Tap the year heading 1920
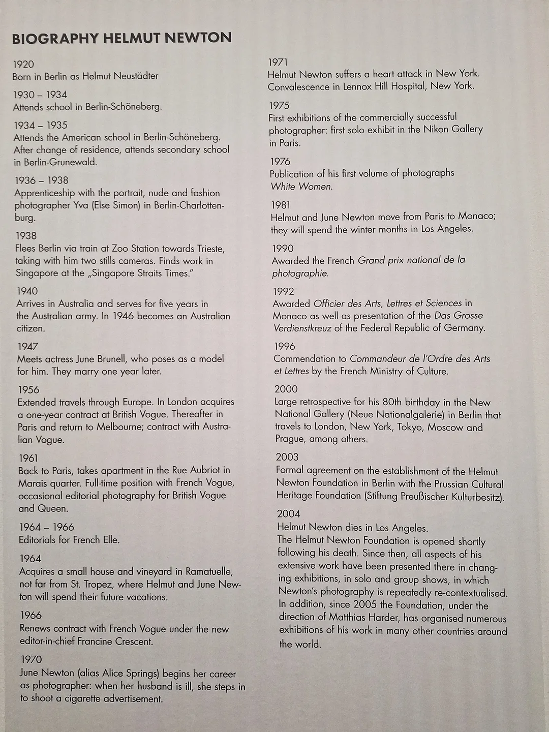[23, 64]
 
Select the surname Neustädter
[135, 76]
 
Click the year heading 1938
[26, 235]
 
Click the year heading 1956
[28, 389]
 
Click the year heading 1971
[278, 62]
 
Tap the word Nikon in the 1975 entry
[436, 130]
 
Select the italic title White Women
[301, 187]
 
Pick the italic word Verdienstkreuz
[302, 328]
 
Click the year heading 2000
[286, 389]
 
